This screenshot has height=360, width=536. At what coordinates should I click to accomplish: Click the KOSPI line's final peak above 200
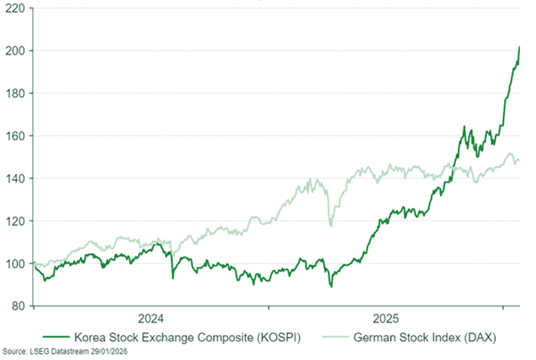coord(520,46)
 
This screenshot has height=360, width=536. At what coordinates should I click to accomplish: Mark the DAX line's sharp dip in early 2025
coord(331,225)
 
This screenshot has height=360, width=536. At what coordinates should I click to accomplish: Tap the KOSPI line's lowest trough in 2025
coord(330,286)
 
